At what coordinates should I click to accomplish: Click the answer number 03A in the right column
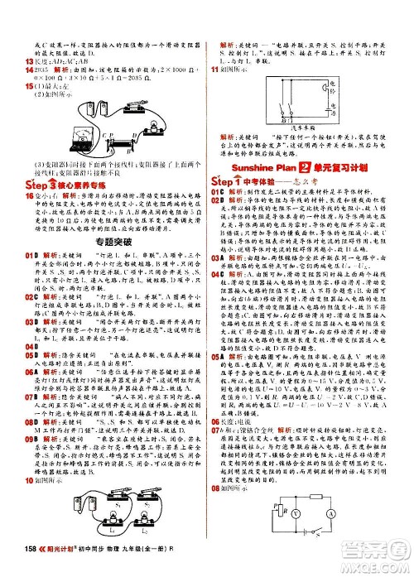pos(216,279)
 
